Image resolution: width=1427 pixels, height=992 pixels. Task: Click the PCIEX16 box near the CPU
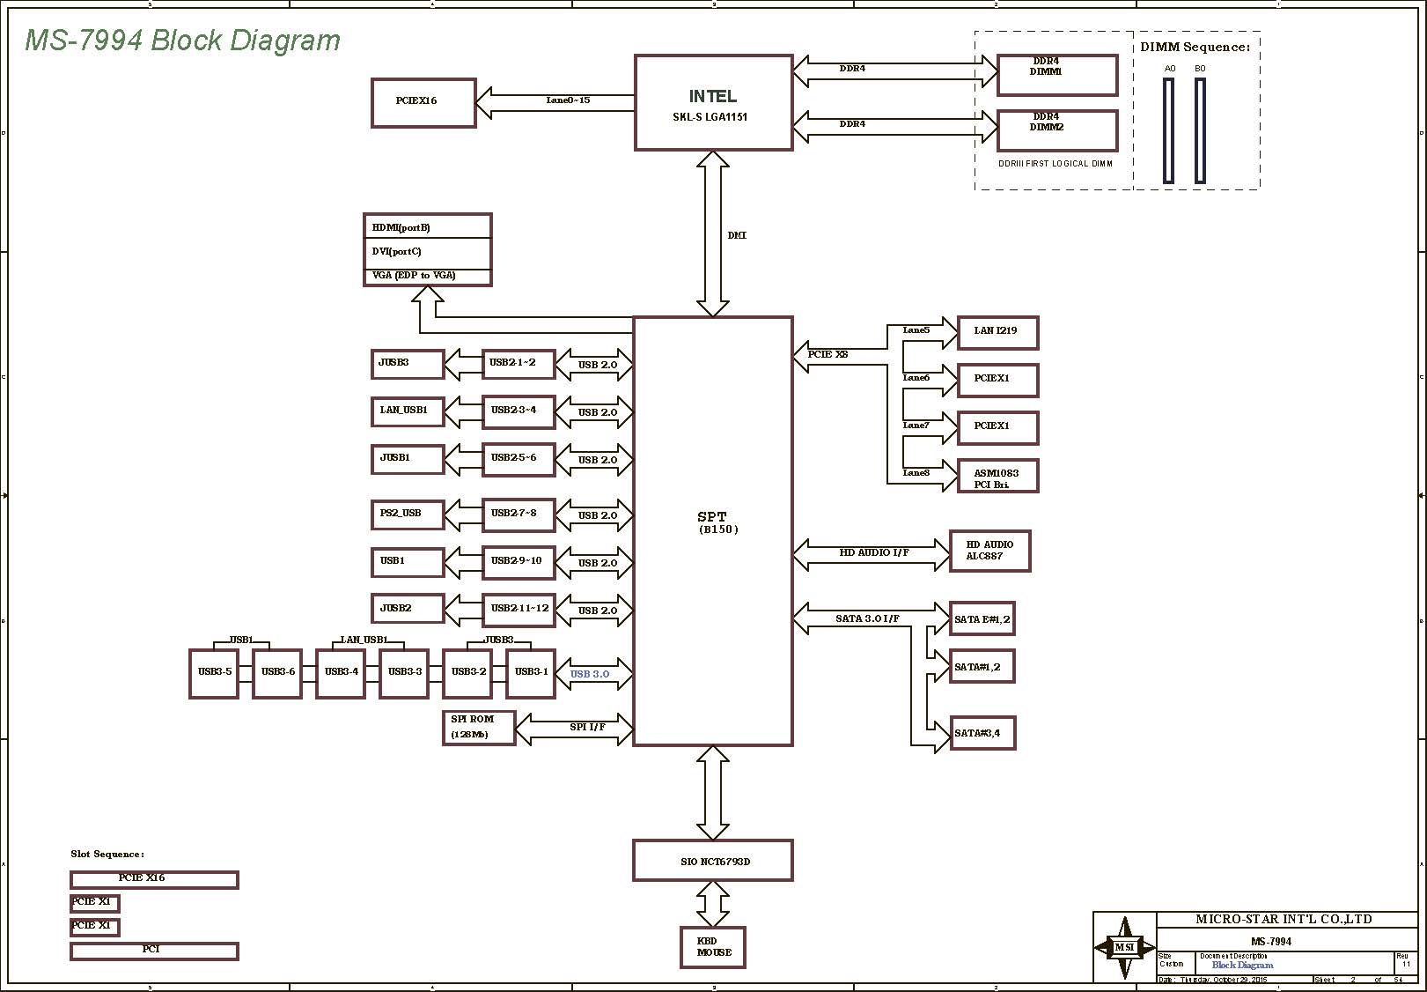click(x=423, y=102)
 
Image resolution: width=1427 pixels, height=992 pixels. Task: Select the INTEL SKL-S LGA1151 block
click(x=713, y=102)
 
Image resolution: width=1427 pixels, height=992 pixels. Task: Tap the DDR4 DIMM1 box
click(x=1056, y=75)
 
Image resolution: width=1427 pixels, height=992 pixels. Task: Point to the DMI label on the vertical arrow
click(x=737, y=236)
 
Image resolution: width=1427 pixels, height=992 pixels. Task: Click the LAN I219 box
click(x=997, y=332)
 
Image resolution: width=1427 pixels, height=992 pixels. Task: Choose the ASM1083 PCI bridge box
click(x=997, y=476)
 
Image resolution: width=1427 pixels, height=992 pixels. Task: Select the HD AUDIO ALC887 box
click(x=990, y=552)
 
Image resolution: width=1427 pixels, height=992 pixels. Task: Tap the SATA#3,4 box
click(x=982, y=733)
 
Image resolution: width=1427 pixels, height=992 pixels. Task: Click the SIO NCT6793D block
click(x=713, y=861)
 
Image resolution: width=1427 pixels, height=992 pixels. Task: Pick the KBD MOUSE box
click(x=713, y=947)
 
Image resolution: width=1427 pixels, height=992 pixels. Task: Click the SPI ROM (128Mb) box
click(x=478, y=728)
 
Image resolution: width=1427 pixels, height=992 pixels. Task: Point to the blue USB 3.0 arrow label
click(x=590, y=675)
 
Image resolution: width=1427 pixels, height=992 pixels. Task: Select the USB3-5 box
click(x=214, y=673)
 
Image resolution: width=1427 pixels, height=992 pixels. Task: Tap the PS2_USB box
click(x=407, y=514)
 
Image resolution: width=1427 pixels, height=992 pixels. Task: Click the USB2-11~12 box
click(x=519, y=609)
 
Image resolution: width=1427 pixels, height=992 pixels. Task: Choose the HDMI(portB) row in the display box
click(x=427, y=227)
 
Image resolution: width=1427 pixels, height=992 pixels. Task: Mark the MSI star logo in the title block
click(x=1124, y=948)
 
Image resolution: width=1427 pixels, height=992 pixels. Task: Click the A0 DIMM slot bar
click(x=1169, y=130)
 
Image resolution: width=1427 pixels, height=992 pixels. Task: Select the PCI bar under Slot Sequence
click(x=154, y=951)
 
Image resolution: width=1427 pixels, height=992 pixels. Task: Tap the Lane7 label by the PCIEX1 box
click(x=916, y=426)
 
